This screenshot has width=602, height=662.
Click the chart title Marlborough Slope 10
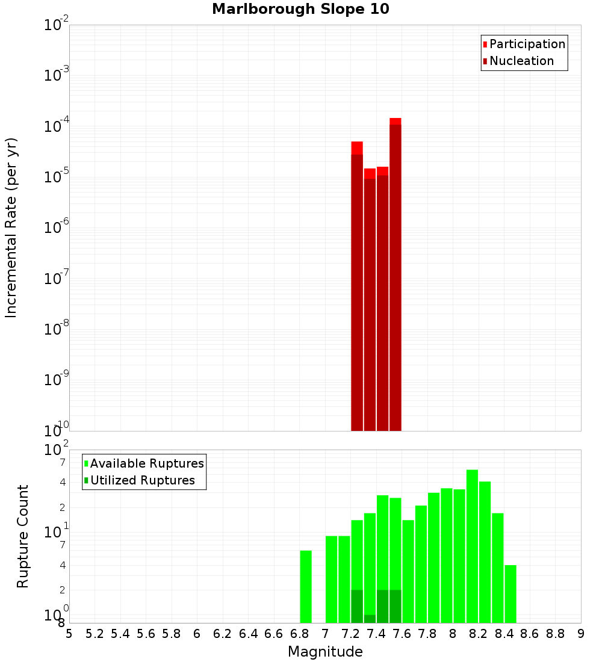300,9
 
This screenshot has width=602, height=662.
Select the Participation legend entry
527,45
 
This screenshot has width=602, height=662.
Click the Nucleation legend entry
521,61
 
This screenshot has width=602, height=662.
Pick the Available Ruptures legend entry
147,463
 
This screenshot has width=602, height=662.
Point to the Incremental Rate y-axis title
11,227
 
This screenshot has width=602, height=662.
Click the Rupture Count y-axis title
23,536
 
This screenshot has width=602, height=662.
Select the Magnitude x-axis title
325,652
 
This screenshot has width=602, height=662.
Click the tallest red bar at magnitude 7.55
396,274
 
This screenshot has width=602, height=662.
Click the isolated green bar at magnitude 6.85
306,587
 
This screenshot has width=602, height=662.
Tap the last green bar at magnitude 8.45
510,594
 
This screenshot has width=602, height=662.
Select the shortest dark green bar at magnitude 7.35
370,619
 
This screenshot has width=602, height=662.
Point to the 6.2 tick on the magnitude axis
223,634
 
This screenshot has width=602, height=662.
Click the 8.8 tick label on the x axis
555,634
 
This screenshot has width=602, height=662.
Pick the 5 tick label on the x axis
69,634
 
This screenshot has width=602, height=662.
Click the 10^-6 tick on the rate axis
57,227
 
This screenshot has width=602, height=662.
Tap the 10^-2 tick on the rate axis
57,25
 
